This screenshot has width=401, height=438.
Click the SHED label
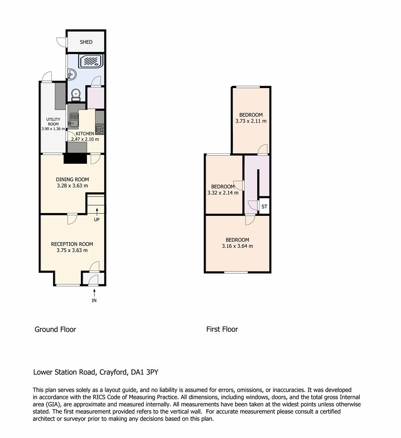(x=86, y=42)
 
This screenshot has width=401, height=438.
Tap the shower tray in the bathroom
(x=91, y=61)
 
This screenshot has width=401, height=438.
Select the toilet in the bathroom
(x=76, y=95)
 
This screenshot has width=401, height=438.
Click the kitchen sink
(x=74, y=120)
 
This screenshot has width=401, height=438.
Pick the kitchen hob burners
(x=100, y=129)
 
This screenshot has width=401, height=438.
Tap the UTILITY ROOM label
(x=53, y=122)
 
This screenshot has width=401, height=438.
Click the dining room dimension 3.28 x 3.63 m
(x=72, y=185)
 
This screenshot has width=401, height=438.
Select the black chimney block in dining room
(x=75, y=159)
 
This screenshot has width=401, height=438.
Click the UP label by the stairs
(x=97, y=219)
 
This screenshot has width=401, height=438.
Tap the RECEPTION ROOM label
(x=72, y=244)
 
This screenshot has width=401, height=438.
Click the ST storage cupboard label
(x=264, y=207)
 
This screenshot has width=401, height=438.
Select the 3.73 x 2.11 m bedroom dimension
(x=251, y=121)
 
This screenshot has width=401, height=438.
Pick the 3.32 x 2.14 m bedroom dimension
(x=223, y=193)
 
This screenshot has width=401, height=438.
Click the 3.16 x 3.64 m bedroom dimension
(x=238, y=246)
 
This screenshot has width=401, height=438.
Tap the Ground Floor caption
(x=55, y=329)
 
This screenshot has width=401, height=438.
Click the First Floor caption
(x=222, y=329)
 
